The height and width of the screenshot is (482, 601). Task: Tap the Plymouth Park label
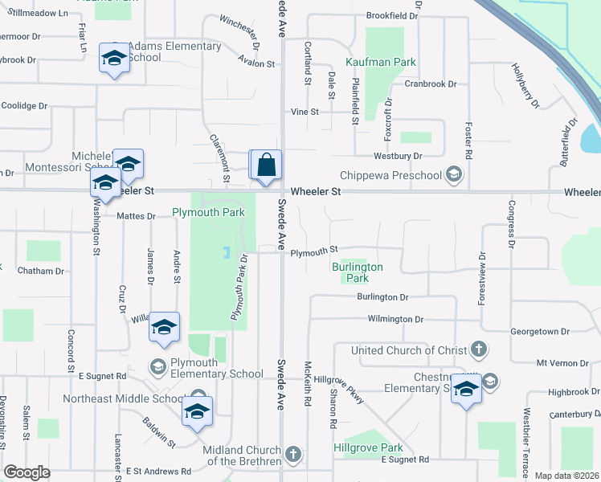click(208, 213)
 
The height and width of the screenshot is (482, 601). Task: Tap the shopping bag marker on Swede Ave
click(267, 165)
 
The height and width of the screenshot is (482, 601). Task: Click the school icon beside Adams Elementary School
click(114, 59)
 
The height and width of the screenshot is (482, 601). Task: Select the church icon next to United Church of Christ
click(478, 349)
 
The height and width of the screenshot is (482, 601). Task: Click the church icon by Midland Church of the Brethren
click(292, 455)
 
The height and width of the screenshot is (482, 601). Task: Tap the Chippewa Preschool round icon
click(454, 175)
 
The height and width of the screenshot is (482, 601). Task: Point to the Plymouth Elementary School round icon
click(157, 367)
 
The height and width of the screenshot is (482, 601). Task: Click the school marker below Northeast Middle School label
click(196, 411)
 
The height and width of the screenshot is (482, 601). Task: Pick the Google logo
click(27, 472)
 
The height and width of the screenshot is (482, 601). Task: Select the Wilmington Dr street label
click(395, 319)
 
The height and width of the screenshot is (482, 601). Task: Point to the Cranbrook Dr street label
click(430, 84)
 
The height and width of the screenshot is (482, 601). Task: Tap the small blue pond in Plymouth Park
click(226, 253)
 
